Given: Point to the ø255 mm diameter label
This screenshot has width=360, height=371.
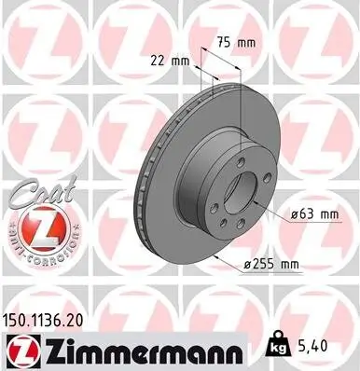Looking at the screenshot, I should (270, 265).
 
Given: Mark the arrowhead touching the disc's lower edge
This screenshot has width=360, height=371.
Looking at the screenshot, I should (215, 254).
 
